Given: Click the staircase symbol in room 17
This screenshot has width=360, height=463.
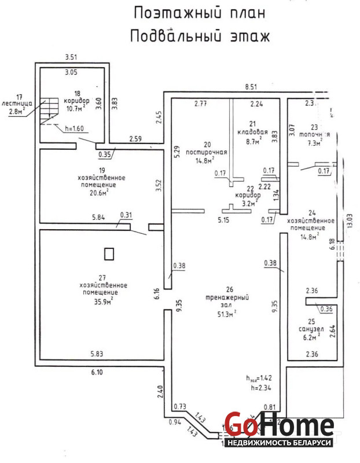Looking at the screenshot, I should tap(49, 111).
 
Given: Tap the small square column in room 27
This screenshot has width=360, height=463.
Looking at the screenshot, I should tap(109, 253).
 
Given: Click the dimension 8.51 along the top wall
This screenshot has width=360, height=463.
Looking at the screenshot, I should tap(251, 87).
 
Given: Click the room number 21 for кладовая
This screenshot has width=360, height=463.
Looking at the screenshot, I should tap(252, 123).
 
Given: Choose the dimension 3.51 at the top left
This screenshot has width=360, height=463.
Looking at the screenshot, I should tap(71, 57).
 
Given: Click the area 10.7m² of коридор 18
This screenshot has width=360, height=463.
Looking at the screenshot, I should tap(75, 108).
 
